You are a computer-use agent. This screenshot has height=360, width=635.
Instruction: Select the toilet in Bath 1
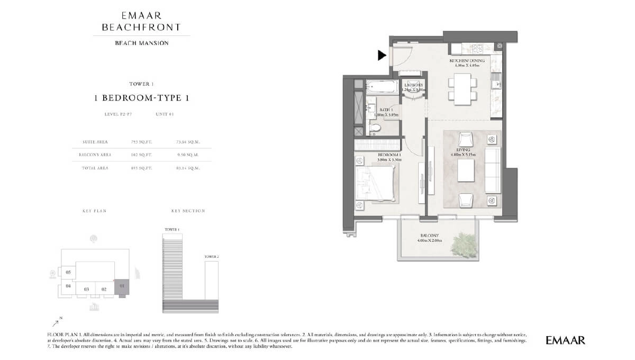[x=375, y=127]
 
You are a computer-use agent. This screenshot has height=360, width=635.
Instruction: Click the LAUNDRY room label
[x=413, y=85]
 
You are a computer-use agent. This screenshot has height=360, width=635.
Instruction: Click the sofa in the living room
[x=492, y=170]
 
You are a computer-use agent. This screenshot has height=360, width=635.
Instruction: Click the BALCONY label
[x=429, y=236]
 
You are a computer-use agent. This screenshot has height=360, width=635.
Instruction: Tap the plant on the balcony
[x=466, y=243]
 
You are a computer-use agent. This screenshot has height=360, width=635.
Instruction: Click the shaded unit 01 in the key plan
[x=122, y=286]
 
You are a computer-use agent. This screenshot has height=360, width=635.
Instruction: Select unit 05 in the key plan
[x=68, y=272]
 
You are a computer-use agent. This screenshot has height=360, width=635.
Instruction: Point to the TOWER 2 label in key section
[x=211, y=256]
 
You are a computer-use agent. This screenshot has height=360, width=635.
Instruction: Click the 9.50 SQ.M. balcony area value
[x=188, y=155]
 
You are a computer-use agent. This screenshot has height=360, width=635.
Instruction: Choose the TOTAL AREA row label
[x=95, y=168]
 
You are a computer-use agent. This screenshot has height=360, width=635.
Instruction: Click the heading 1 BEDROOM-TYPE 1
[x=141, y=98]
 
